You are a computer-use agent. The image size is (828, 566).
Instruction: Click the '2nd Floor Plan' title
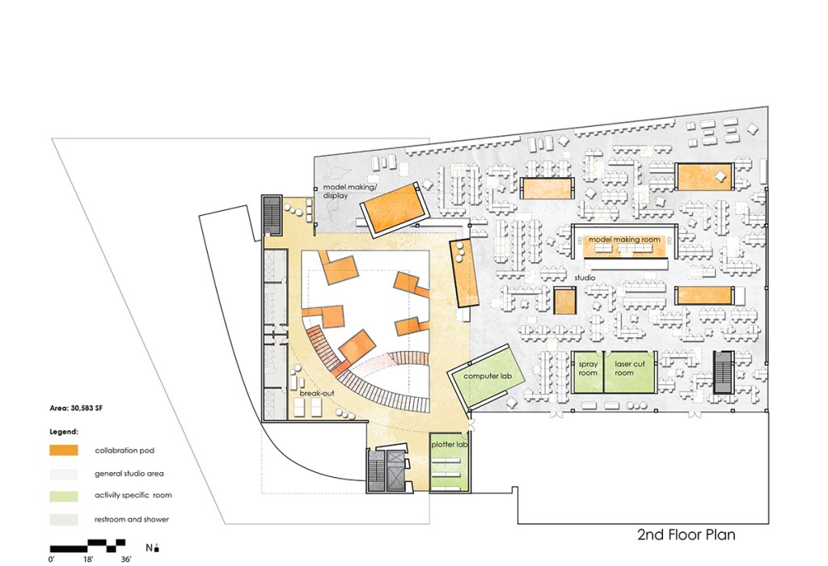[x=686, y=534]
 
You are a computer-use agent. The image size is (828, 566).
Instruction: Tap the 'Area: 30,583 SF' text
[x=76, y=408]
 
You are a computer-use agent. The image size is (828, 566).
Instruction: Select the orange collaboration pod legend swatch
[x=64, y=450]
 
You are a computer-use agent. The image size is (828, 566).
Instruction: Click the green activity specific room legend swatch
[x=64, y=496]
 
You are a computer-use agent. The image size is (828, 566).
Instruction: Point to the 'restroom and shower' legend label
[x=132, y=520]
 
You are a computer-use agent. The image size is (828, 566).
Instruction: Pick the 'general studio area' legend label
[x=129, y=474]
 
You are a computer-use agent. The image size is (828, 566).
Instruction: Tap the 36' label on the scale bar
[x=125, y=560]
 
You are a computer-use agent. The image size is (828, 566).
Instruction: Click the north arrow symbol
[x=157, y=547]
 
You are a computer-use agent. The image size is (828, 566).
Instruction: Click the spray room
[x=587, y=372]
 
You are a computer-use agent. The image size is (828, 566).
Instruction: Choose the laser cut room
[x=629, y=372]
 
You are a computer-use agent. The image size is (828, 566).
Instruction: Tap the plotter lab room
[x=449, y=462]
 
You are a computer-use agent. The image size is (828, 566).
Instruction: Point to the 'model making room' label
[x=624, y=239]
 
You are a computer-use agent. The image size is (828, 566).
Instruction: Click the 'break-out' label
[x=317, y=393]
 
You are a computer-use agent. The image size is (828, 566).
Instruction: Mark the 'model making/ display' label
[x=349, y=191]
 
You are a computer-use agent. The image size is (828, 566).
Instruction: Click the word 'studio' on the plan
[x=585, y=277]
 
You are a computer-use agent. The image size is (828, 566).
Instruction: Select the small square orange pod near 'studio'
[x=564, y=301]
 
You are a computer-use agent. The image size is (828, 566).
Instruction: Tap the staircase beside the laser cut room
[x=723, y=372]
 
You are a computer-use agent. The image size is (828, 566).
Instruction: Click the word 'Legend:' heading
[x=64, y=432]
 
